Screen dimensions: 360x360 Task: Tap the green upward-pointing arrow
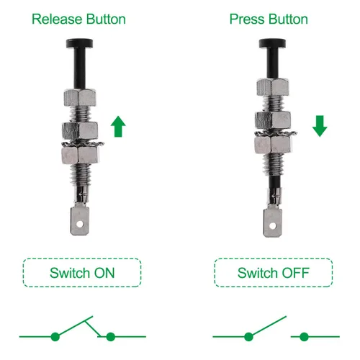point(118,127)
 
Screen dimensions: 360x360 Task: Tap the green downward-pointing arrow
point(320,126)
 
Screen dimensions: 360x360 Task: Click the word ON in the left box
point(104,273)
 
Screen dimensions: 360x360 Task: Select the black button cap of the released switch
point(79,43)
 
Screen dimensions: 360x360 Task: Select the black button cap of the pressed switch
point(272,43)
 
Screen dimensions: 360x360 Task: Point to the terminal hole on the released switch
point(80,225)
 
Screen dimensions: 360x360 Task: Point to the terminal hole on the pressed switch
point(273,226)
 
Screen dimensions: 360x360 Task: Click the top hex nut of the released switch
point(80,98)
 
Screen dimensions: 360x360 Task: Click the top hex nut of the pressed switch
point(273,87)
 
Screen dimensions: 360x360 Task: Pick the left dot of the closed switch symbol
point(55,337)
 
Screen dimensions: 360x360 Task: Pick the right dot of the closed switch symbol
point(111,337)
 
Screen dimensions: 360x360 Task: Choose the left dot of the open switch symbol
point(248,337)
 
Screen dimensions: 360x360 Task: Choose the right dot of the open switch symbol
point(304,337)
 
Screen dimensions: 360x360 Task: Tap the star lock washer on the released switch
point(83,144)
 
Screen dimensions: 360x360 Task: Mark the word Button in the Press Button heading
point(288,19)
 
